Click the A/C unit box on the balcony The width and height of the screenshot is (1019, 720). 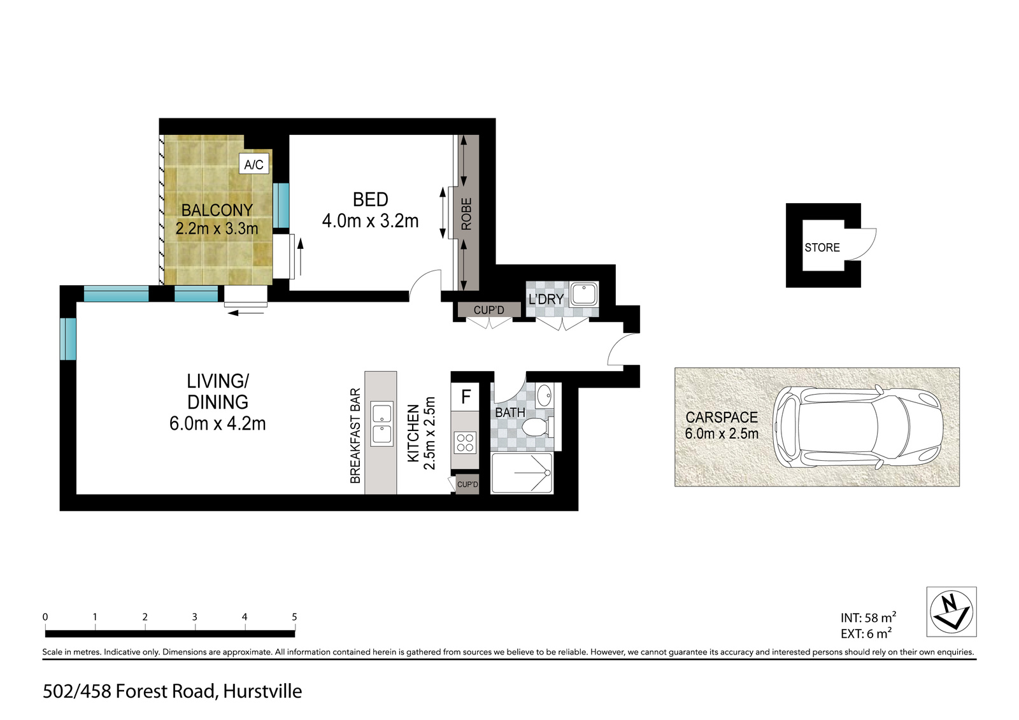(x=254, y=164)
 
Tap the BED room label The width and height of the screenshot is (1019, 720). (x=370, y=199)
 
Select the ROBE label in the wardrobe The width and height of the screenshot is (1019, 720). (x=466, y=214)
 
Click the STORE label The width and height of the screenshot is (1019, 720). (x=822, y=248)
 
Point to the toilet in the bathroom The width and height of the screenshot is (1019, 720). (x=538, y=427)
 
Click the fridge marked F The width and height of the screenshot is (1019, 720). (x=465, y=397)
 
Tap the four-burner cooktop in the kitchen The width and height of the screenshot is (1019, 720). (x=465, y=442)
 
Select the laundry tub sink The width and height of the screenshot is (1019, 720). (x=584, y=294)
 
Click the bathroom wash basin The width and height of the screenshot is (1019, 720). (x=544, y=396)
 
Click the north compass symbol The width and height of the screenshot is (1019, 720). (x=951, y=612)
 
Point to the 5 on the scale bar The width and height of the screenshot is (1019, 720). (x=294, y=618)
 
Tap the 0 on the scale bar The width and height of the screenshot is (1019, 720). (x=45, y=618)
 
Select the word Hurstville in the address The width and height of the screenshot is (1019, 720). (x=262, y=691)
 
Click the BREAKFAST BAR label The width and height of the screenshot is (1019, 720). (x=355, y=435)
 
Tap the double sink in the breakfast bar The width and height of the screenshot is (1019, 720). (x=382, y=424)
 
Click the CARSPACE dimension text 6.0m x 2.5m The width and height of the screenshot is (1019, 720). (x=722, y=434)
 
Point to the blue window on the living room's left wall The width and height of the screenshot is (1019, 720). (x=68, y=339)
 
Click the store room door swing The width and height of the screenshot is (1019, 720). (x=866, y=244)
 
